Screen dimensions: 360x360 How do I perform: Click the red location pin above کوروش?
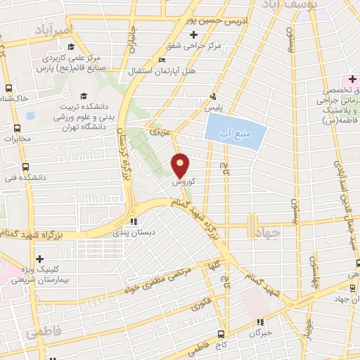(181, 165)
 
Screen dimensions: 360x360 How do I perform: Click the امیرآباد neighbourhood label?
(52, 31)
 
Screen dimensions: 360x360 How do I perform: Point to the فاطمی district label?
(43, 331)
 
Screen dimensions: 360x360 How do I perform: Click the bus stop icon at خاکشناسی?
(8, 89)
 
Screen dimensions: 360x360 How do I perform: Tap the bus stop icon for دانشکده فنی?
(25, 167)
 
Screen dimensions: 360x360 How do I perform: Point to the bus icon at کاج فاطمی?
(221, 334)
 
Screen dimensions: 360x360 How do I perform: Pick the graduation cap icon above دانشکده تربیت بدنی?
(84, 96)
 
